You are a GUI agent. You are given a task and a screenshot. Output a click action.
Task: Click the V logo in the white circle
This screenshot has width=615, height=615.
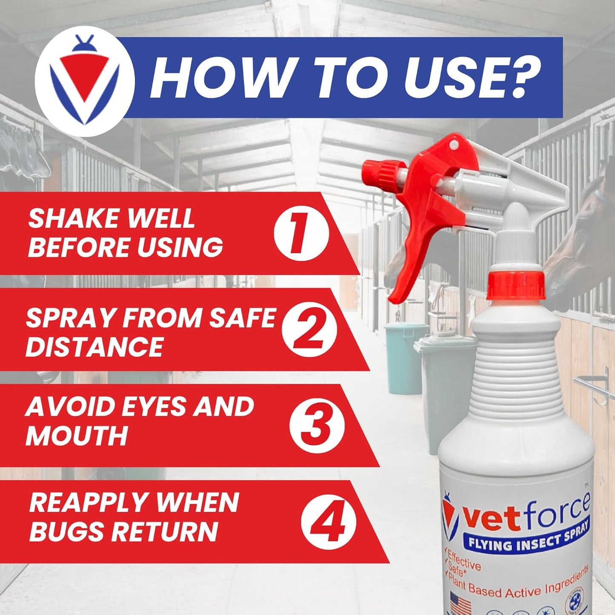pos(84,87)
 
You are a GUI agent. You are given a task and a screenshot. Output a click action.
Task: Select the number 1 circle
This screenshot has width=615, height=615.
pos(301,233)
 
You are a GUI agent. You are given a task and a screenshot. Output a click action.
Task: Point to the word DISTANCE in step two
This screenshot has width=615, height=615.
pos(94,346)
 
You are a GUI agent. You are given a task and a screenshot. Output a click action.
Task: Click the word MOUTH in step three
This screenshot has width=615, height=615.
pos(77,435)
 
